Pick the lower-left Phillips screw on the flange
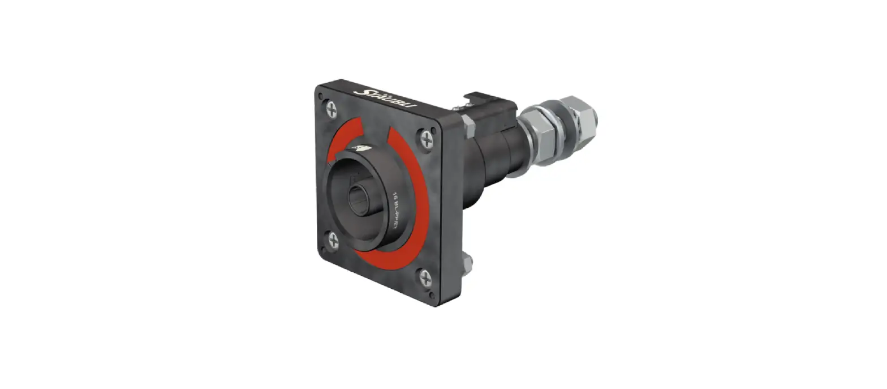(333, 242)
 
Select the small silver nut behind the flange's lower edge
(468, 261)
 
